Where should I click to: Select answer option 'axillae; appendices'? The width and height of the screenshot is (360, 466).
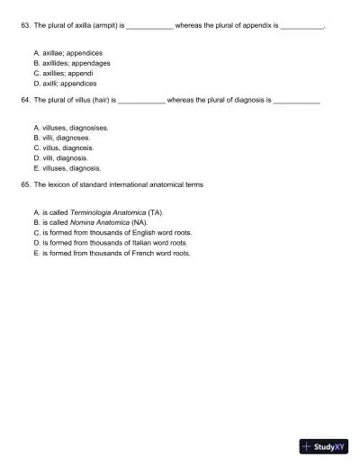pos(72,53)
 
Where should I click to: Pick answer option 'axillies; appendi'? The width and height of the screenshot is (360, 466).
pos(68,73)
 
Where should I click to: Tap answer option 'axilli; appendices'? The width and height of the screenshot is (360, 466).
pos(69,83)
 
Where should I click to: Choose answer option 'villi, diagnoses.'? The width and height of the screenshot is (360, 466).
pos(66,138)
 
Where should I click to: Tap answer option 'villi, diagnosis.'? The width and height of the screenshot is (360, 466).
pos(66,157)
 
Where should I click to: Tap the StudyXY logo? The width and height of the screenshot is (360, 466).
pos(324,445)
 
